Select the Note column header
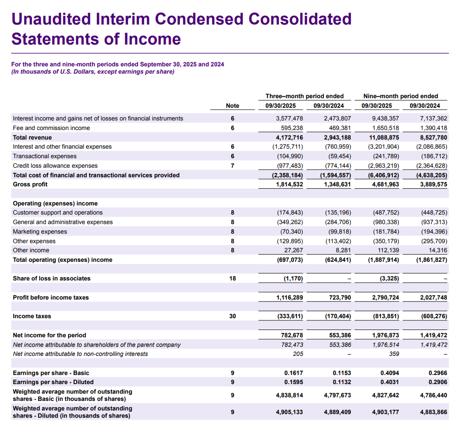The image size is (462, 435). [x=232, y=105]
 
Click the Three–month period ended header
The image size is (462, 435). [x=304, y=96]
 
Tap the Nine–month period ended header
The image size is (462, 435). [x=401, y=96]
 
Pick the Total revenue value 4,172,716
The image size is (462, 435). [x=289, y=137]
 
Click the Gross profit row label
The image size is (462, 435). [x=30, y=184]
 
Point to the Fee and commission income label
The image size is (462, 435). [x=51, y=128]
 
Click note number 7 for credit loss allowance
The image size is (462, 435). [x=232, y=165]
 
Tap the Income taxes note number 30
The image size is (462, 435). [x=232, y=316]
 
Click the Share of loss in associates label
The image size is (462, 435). [x=51, y=278]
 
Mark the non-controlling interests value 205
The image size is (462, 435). [x=298, y=354]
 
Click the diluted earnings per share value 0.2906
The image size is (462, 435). [x=438, y=382]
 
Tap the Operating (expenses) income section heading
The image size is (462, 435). [x=55, y=203]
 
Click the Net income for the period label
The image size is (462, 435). [x=49, y=335]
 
